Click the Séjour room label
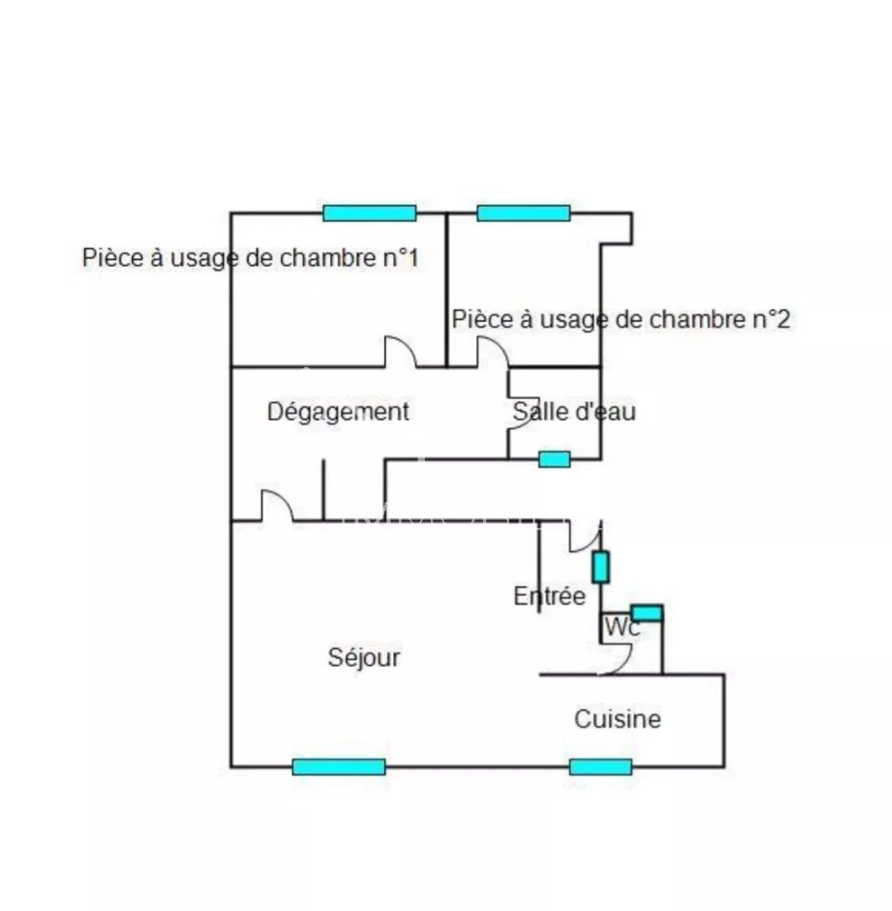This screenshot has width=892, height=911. [x=364, y=658]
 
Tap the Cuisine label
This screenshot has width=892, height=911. [x=617, y=720]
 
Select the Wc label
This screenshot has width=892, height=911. [x=621, y=627]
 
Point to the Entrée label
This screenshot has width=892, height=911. [x=549, y=597]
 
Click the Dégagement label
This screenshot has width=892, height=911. [x=338, y=412]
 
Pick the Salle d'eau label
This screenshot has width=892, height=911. [x=574, y=412]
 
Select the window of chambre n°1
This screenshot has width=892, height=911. [x=369, y=213]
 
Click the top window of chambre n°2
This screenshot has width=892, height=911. [x=523, y=213]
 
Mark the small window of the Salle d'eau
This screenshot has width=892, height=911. [x=554, y=459]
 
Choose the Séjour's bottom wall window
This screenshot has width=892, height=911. [x=338, y=766]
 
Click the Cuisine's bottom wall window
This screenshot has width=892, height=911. [x=600, y=766]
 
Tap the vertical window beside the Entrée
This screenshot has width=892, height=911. [x=600, y=567]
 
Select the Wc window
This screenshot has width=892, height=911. [x=646, y=613]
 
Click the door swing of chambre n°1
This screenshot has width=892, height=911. [x=401, y=352]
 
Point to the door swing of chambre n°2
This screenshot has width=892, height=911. [x=492, y=352]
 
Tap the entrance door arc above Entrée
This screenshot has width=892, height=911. [x=584, y=537]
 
